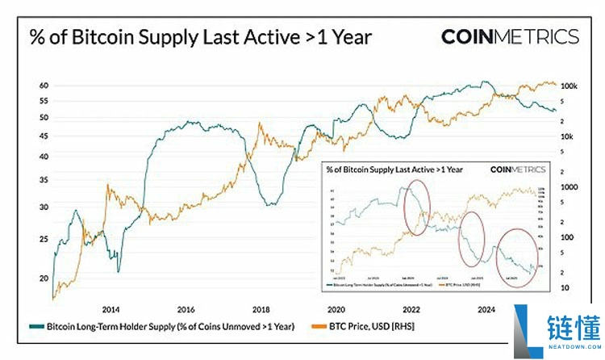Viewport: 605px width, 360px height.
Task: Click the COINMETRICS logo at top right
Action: pos(510,36)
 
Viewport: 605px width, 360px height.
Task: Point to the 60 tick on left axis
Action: pos(44,86)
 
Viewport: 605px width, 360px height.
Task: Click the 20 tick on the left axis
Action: pos(44,278)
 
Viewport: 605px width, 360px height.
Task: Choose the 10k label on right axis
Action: pos(567,136)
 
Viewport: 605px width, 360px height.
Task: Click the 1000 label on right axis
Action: pos(570,187)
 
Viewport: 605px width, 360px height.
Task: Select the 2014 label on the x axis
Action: pos(111,309)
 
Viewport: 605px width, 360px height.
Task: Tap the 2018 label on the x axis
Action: pos(261,309)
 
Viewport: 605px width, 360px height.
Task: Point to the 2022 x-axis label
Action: pos(411,309)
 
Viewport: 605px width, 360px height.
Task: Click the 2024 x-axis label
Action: pos(486,309)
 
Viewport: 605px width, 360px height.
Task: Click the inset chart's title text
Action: pos(394,170)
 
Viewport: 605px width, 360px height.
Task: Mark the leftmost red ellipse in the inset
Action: pos(416,208)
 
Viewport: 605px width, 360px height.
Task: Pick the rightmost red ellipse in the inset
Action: pos(515,255)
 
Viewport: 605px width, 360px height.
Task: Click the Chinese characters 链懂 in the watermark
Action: pos(572,326)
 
